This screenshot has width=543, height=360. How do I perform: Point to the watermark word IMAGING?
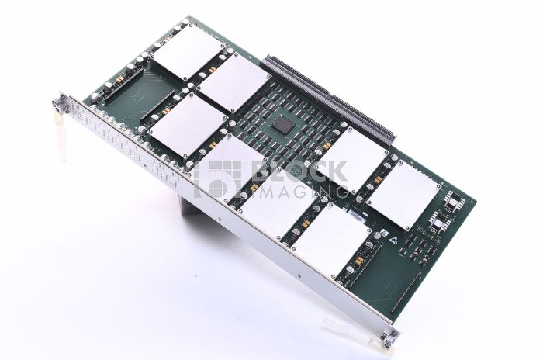click(303, 190)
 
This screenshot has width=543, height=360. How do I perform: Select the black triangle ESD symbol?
click(376, 235)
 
